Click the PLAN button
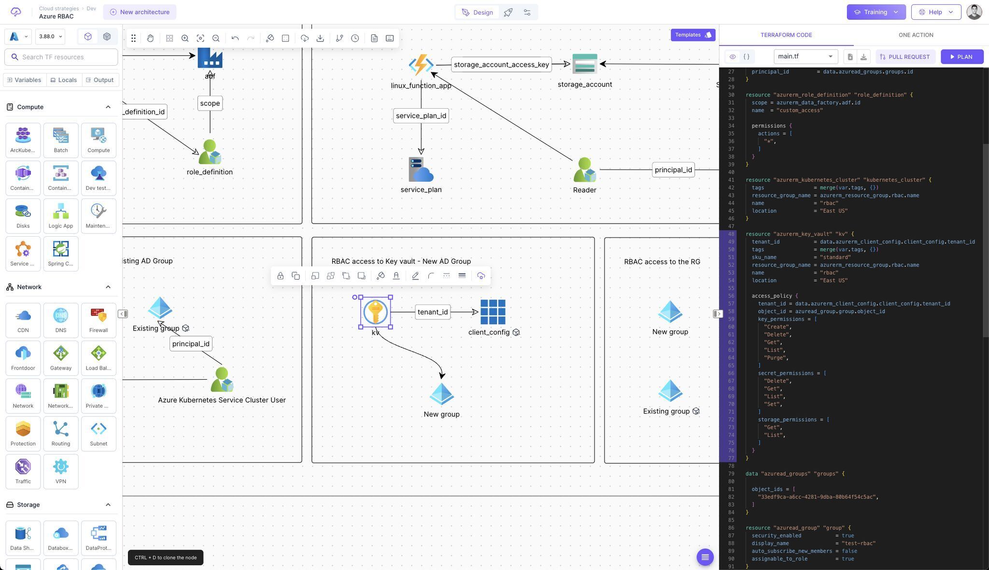point(961,57)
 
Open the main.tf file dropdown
point(805,57)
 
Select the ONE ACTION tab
point(916,35)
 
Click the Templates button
point(692,35)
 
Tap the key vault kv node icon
point(375,312)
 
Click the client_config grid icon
point(493,312)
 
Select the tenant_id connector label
point(432,312)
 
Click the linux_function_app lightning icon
point(421,65)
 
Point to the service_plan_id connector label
point(421,116)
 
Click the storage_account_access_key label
point(501,65)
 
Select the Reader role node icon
point(584,170)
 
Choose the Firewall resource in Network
point(99,320)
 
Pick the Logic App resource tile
point(61,215)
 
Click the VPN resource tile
point(61,471)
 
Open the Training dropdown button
point(876,12)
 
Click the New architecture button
point(140,12)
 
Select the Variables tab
point(24,80)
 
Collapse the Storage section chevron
point(108,505)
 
